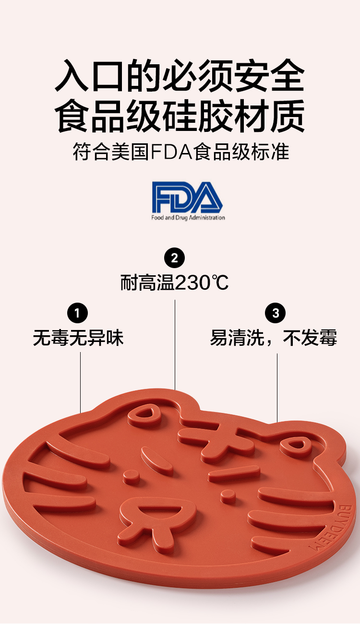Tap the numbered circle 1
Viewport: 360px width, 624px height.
(78, 314)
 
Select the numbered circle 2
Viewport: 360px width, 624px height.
(174, 258)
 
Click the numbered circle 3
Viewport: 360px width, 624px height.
(276, 314)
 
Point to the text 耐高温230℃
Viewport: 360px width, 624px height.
(174, 283)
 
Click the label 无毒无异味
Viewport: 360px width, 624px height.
(78, 338)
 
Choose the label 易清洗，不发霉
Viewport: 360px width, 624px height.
(274, 338)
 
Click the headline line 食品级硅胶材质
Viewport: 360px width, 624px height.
(180, 116)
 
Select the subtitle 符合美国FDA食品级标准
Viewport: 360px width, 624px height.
(180, 152)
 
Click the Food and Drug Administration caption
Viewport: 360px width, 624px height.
(188, 218)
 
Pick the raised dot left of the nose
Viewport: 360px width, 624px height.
(131, 476)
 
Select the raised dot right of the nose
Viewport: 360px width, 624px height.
(228, 495)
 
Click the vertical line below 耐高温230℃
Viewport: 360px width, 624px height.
(175, 343)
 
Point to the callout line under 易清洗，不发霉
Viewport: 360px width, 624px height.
(277, 387)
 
